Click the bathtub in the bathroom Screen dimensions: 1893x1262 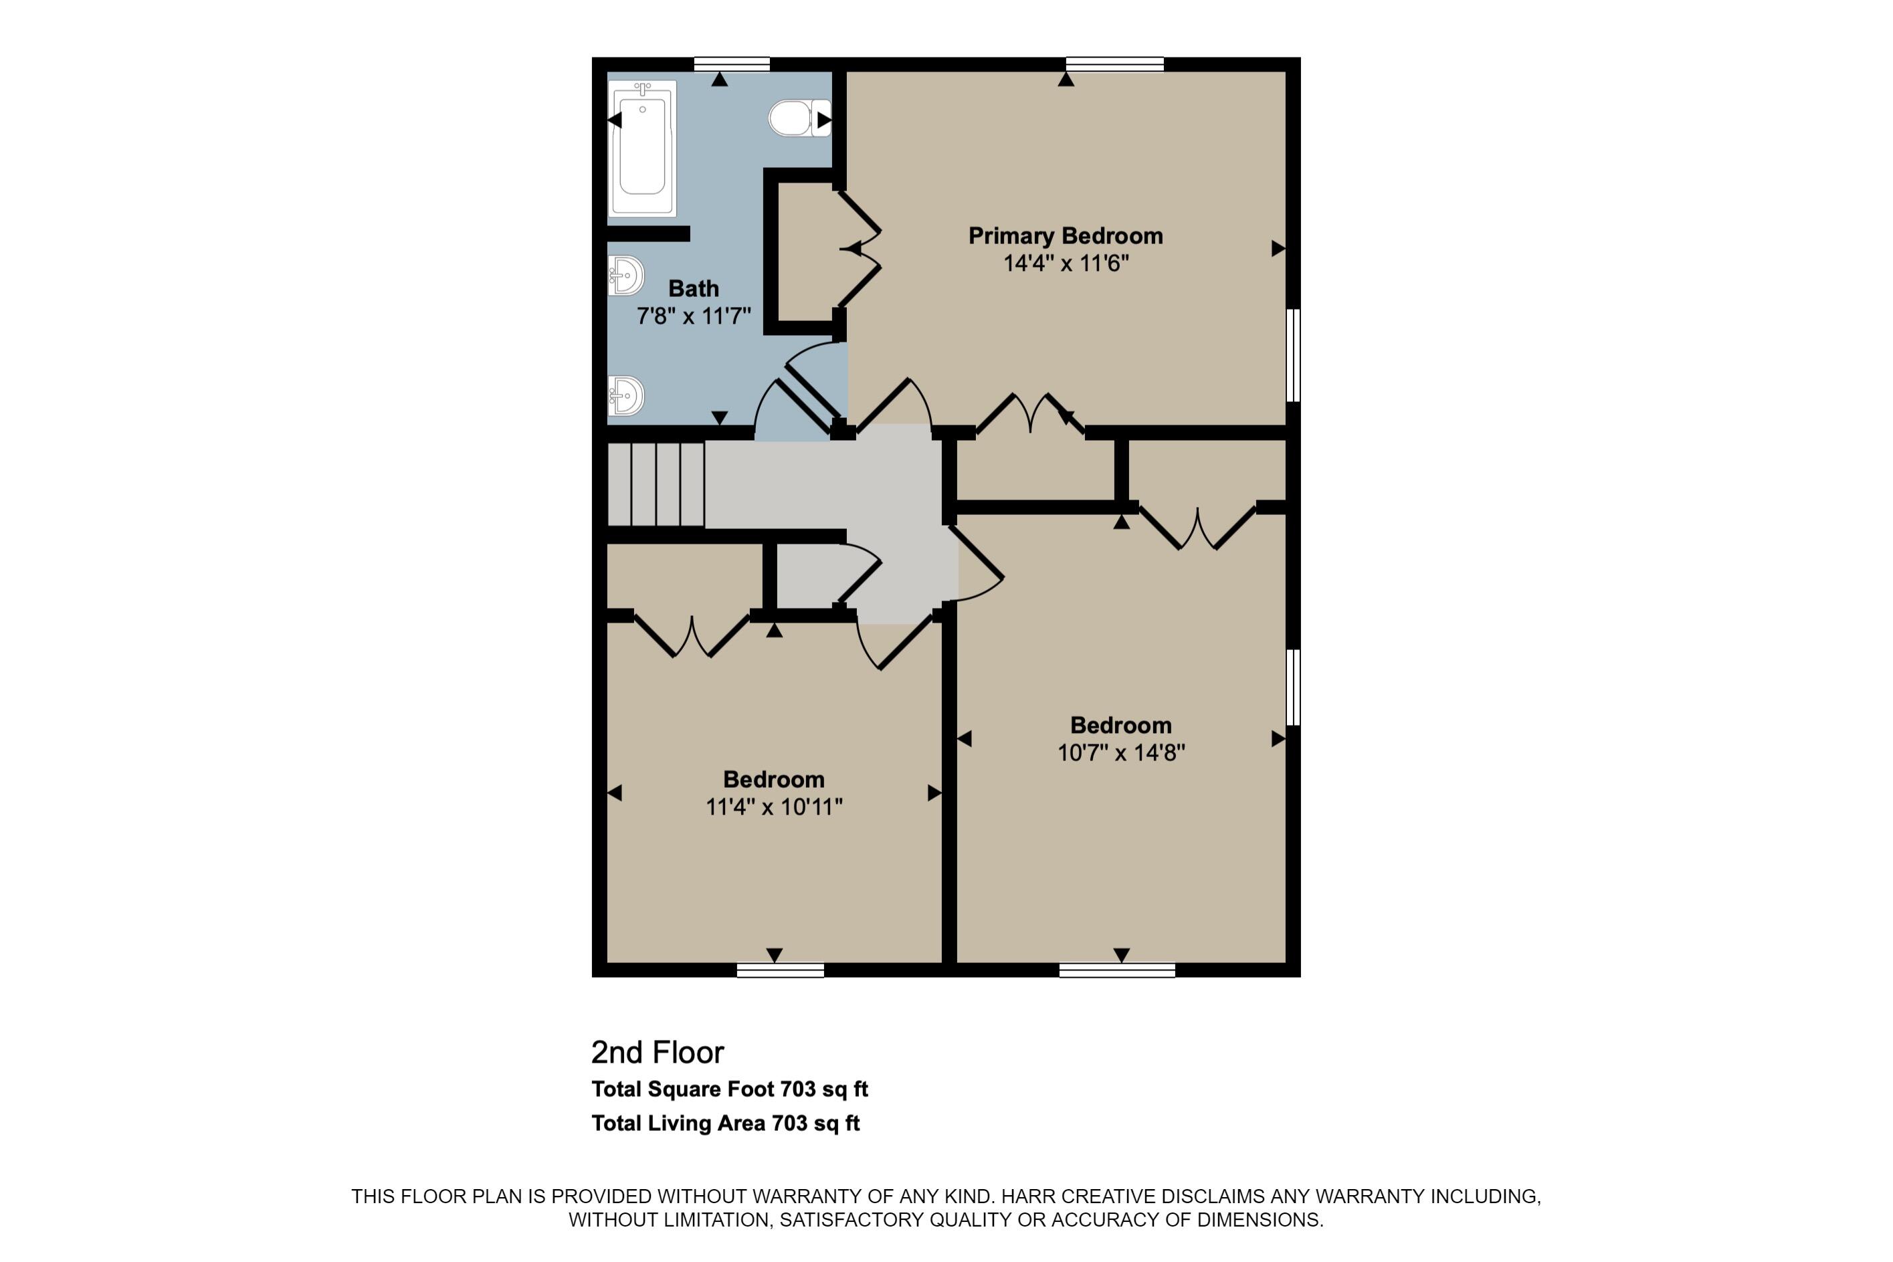point(642,149)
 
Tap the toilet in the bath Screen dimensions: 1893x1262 point(799,118)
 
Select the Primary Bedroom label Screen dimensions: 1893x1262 point(1065,236)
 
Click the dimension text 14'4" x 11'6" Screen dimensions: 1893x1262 point(1066,264)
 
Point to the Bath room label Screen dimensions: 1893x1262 point(693,288)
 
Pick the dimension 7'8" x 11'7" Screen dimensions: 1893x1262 point(693,316)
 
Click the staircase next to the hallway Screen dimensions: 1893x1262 point(656,484)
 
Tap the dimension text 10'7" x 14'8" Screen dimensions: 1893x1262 point(1120,752)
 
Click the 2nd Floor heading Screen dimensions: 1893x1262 point(658,1052)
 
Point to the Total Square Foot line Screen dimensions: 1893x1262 point(729,1089)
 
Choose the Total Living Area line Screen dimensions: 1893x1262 point(725,1124)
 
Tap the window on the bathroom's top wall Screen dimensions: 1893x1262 point(732,64)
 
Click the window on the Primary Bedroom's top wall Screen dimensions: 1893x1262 point(1114,64)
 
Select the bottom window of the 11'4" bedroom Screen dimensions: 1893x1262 point(780,970)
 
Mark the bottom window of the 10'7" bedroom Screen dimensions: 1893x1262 point(1116,970)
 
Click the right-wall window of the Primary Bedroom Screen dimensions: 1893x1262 point(1292,355)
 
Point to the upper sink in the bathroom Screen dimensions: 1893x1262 point(626,276)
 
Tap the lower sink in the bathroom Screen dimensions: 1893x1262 point(626,395)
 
